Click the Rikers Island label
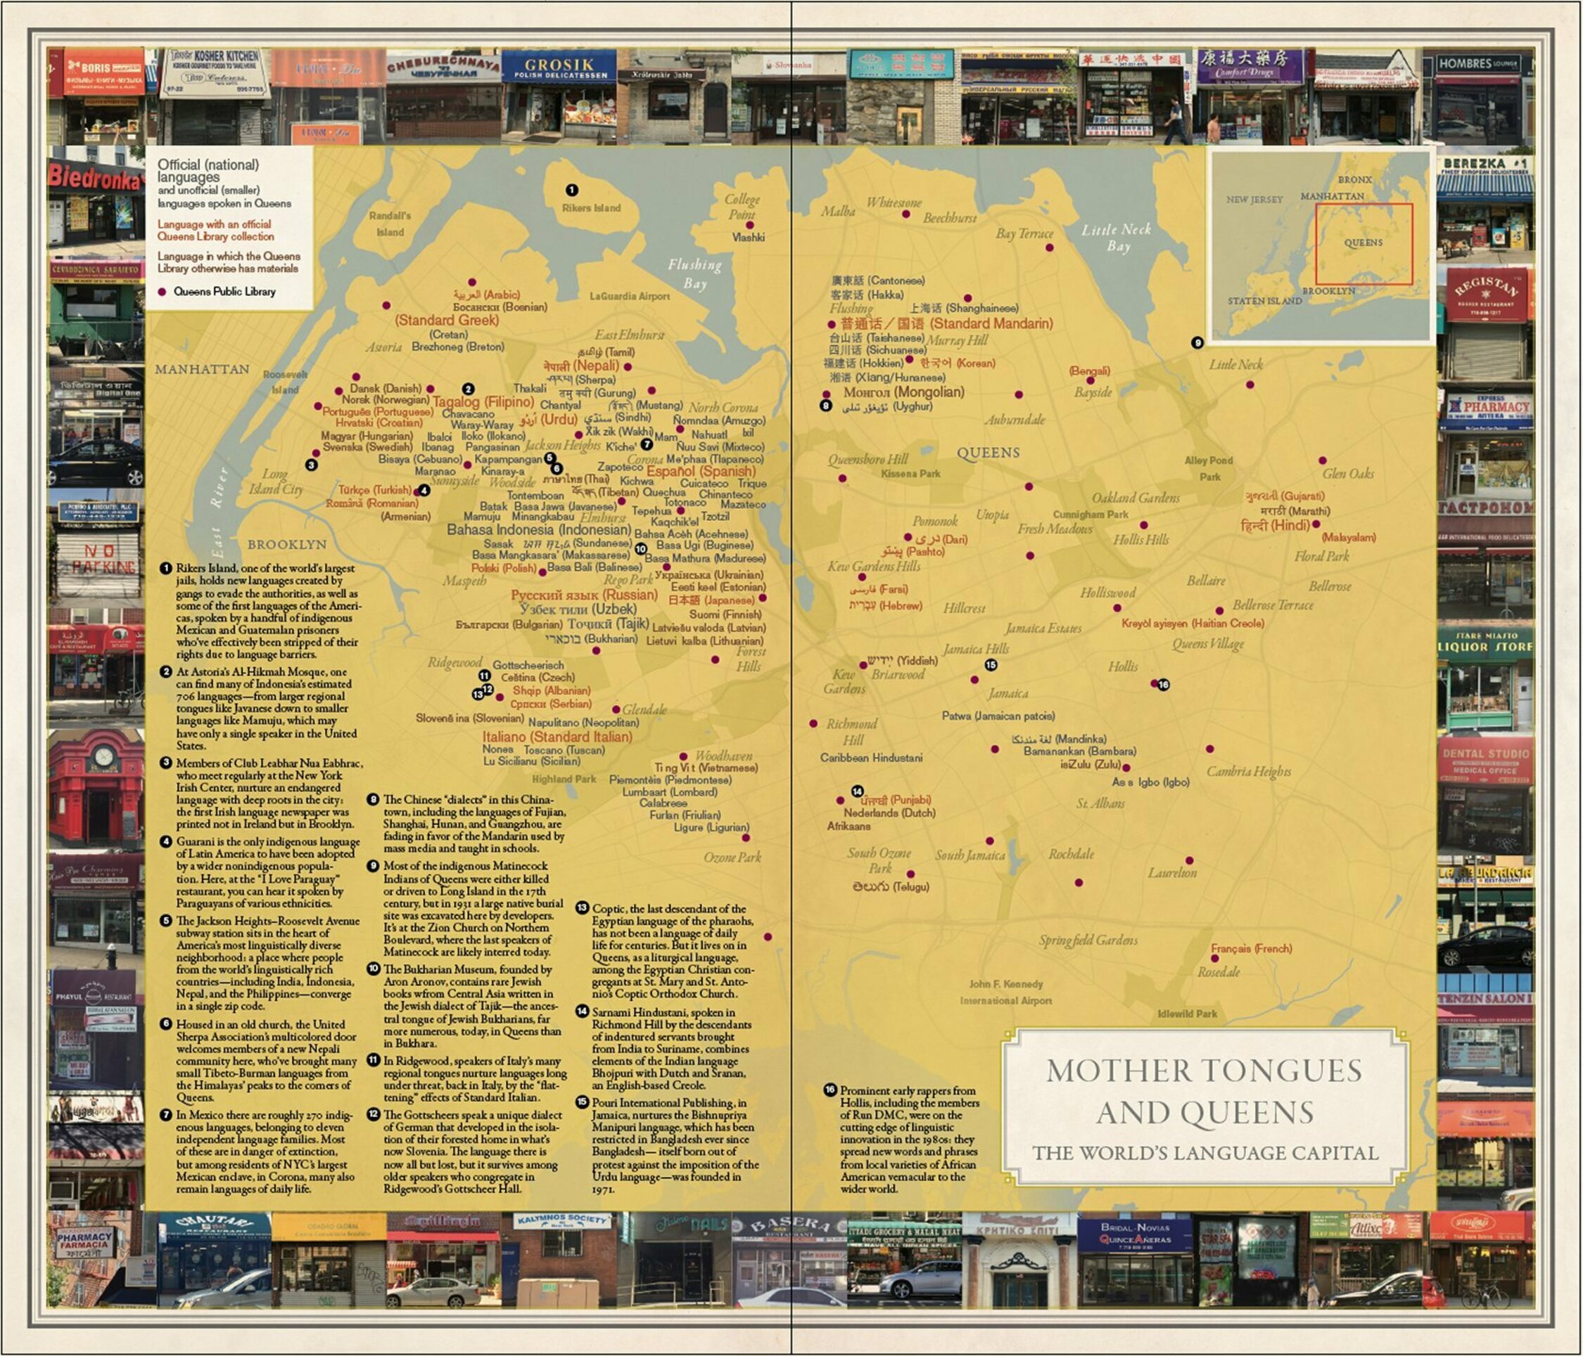590,207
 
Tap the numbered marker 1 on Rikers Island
571,189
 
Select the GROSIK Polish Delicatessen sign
559,66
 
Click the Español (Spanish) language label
701,471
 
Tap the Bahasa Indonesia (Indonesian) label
539,529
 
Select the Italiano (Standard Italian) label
557,737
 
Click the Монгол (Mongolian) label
903,392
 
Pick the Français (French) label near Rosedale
1251,948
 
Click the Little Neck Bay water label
1117,237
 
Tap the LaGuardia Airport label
629,296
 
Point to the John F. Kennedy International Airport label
1005,992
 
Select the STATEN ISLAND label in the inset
1264,301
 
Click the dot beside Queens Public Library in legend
161,292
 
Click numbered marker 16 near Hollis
1164,685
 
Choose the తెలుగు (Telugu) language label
890,886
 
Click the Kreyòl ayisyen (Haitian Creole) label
1192,623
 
